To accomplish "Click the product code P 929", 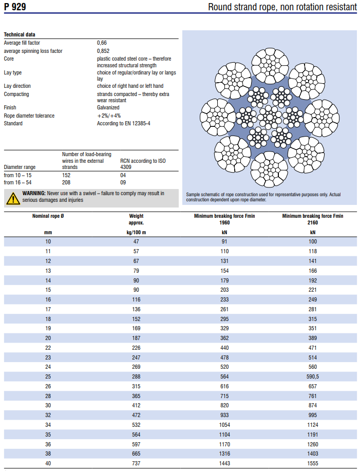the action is (15, 7).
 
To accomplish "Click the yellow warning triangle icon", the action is (13, 199).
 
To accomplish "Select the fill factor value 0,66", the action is (102, 43).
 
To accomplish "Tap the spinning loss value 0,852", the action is (103, 51).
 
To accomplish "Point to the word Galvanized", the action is (108, 107).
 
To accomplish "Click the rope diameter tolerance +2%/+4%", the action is (109, 116).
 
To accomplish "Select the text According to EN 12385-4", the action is (123, 123).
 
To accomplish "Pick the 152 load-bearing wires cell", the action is (66, 176).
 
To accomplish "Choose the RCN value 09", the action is (123, 183).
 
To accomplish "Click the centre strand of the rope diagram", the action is (270, 118).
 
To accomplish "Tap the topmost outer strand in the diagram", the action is (270, 66).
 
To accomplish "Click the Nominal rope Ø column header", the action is (48, 216).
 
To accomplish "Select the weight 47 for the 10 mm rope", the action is (136, 241).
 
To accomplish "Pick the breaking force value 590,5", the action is (313, 376).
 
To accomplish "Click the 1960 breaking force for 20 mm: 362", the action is (224, 338).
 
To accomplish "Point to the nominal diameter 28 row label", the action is (48, 396).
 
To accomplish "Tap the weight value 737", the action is (136, 463).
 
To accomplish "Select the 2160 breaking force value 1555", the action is (313, 463).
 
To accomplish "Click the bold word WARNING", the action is (34, 194).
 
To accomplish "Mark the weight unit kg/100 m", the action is (136, 233).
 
